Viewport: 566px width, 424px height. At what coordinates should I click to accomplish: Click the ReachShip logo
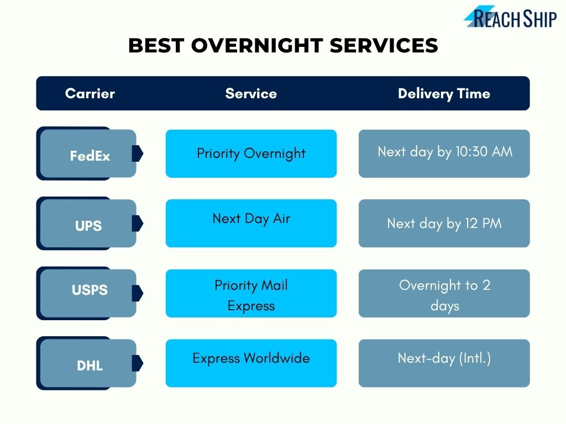[510, 17]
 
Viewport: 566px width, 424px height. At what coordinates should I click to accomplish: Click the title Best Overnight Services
[283, 46]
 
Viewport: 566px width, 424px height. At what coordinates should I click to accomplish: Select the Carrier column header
[90, 93]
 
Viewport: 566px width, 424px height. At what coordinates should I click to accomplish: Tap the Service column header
[251, 93]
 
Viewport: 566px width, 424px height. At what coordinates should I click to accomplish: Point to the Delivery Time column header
[444, 93]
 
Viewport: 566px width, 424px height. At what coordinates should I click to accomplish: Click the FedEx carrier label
[89, 155]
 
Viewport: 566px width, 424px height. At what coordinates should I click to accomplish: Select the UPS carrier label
[88, 225]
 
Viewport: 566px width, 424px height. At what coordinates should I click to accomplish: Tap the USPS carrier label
[89, 290]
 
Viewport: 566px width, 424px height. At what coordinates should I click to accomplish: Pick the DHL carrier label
[89, 364]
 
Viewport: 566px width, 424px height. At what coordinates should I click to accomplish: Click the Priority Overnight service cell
[251, 153]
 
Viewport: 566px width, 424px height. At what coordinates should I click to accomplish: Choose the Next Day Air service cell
[251, 223]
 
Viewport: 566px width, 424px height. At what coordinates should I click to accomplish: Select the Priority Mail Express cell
[251, 293]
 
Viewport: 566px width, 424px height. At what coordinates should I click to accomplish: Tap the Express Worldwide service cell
[251, 363]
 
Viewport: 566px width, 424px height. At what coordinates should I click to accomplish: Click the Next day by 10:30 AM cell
[444, 153]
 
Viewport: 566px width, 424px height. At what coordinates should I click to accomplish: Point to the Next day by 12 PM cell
[444, 223]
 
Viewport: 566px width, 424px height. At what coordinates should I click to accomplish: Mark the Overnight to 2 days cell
[444, 293]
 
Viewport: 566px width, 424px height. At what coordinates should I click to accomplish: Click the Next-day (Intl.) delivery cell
[444, 363]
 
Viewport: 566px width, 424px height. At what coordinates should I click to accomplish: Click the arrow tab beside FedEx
[138, 153]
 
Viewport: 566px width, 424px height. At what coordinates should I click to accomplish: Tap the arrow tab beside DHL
[138, 363]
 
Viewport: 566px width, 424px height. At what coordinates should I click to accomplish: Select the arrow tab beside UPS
[138, 224]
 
